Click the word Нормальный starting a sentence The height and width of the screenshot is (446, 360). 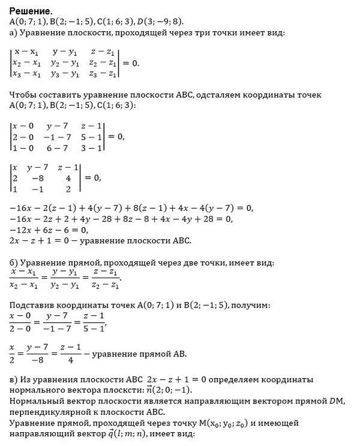pos(37,401)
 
